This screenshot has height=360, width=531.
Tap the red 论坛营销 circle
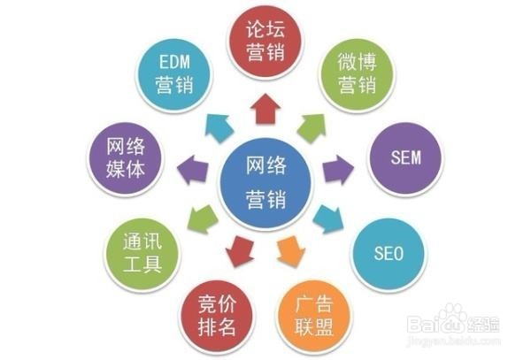pyautogui.click(x=265, y=42)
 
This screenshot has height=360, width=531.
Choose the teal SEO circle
pyautogui.click(x=387, y=254)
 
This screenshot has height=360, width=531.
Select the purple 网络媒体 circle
pyautogui.click(x=126, y=158)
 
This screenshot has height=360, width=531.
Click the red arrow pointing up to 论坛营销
pyautogui.click(x=265, y=110)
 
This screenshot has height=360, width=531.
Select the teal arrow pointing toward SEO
pyautogui.click(x=327, y=216)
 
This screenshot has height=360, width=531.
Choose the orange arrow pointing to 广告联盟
pyautogui.click(x=289, y=250)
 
